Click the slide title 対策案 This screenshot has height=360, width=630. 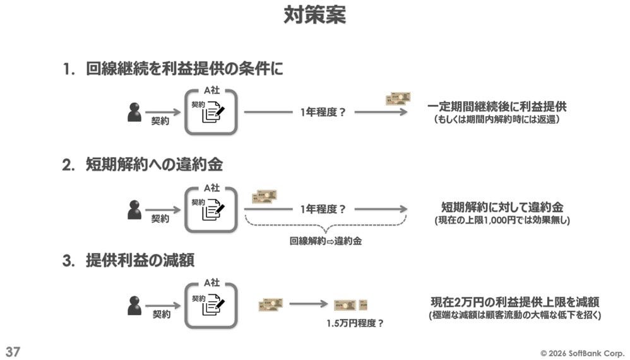click(x=314, y=15)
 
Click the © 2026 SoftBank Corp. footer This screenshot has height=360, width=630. click(x=581, y=352)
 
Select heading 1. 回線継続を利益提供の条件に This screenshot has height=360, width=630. click(x=173, y=69)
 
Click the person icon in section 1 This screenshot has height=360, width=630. click(x=134, y=112)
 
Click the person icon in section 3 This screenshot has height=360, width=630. click(x=134, y=305)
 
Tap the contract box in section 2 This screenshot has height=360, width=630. click(x=211, y=209)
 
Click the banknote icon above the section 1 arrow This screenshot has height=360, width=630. click(x=398, y=99)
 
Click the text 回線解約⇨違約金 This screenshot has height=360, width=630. click(x=325, y=241)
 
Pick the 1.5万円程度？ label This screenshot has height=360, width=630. click(x=355, y=323)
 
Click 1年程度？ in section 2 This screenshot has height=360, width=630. click(x=323, y=208)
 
